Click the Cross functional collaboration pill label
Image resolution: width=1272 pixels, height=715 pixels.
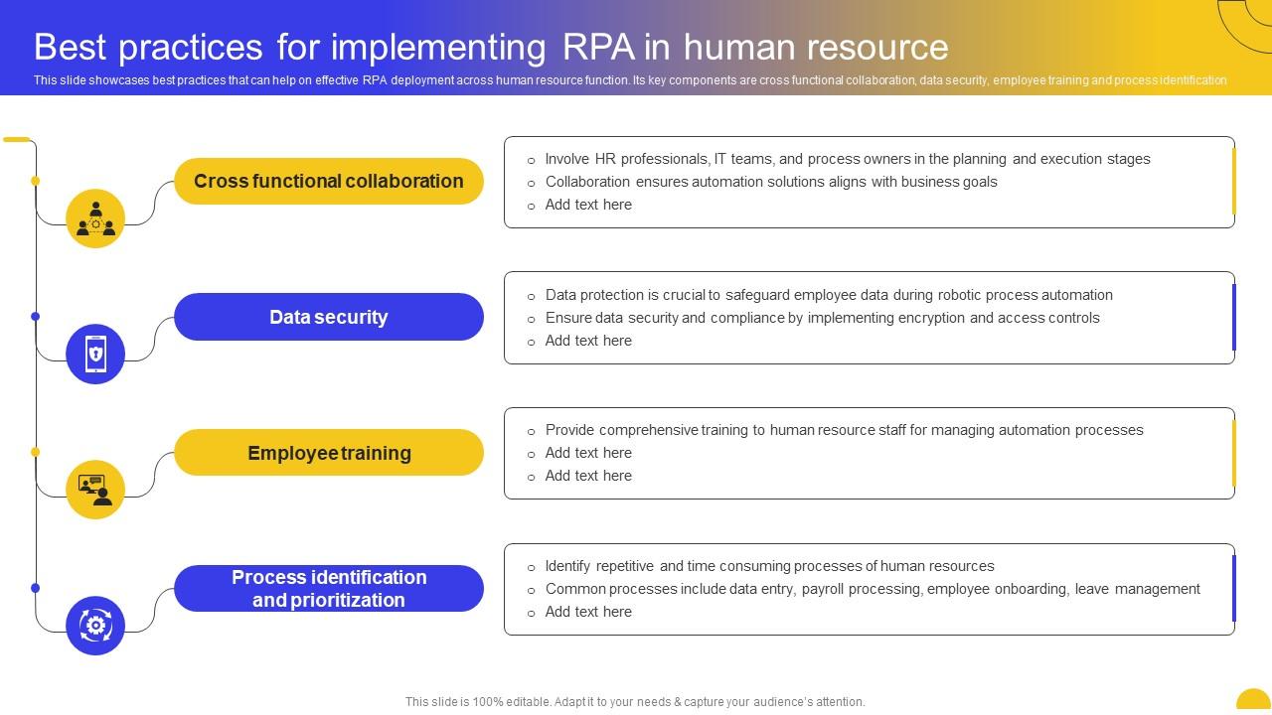[328, 181]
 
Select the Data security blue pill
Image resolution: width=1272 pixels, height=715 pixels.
[328, 317]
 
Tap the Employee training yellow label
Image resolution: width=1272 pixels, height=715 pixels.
[328, 453]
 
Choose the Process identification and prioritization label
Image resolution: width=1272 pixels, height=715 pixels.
[328, 588]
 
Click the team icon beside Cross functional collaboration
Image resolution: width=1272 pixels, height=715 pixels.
[95, 218]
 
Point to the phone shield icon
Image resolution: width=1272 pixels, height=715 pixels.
[95, 354]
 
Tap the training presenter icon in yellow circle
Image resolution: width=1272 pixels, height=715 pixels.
[95, 490]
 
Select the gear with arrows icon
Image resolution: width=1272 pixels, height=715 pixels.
[95, 626]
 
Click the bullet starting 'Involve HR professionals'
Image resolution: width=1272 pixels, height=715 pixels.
[847, 159]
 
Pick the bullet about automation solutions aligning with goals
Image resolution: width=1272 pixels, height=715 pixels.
[770, 182]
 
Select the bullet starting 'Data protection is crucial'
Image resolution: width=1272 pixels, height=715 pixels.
[828, 295]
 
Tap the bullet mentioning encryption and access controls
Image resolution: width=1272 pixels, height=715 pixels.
[822, 318]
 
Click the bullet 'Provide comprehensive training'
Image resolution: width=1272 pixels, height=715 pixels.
[844, 430]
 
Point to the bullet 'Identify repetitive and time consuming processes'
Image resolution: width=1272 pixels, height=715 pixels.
[769, 566]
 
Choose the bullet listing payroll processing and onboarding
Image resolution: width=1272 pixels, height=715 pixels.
[872, 589]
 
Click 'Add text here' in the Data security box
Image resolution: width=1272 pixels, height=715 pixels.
[588, 341]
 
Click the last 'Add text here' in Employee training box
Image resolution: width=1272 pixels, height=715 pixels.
[588, 476]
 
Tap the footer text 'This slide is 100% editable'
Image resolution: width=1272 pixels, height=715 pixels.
[635, 701]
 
